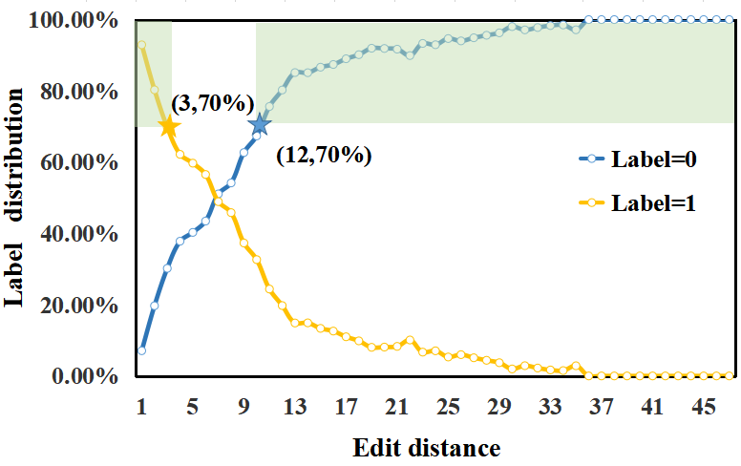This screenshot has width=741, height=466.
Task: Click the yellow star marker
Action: point(168,126)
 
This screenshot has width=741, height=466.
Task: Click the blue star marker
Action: point(259,124)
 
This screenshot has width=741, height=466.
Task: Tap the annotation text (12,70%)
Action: point(323,155)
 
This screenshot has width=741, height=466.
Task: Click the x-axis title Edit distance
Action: point(426,447)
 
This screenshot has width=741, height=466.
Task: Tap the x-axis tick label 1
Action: point(141,407)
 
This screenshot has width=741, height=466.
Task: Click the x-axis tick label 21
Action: point(396,407)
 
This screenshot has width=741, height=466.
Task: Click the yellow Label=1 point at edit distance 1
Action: point(141,45)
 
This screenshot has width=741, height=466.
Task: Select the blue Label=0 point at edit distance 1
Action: point(141,350)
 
